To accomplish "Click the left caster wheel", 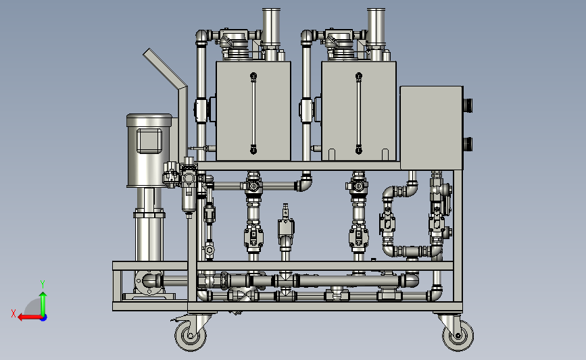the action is (191, 336).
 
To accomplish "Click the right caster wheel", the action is (458, 336).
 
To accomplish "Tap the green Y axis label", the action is (43, 284).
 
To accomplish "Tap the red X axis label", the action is (14, 313).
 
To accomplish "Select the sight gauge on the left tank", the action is (253, 113).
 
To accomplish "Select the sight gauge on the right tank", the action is (359, 113).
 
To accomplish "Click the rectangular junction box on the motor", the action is (149, 140).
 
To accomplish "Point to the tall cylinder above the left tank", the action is (271, 27).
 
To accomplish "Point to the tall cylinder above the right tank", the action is (376, 27).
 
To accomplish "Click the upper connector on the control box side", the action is (468, 105).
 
